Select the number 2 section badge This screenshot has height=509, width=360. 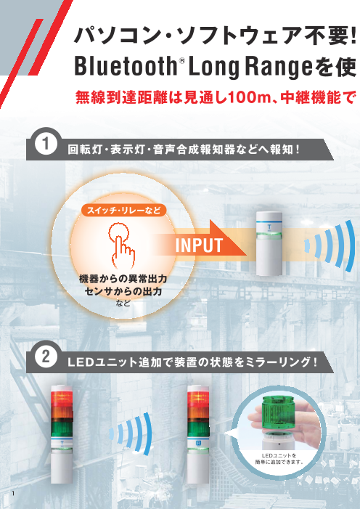click(x=45, y=358)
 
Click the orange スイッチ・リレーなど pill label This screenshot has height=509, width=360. click(x=123, y=211)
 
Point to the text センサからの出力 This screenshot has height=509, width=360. click(x=122, y=290)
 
